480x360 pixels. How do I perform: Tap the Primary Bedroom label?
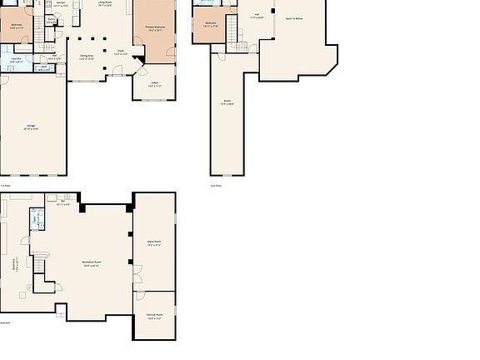[156, 27]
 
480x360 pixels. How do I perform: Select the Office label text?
[154, 84]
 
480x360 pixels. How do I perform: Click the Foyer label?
[120, 52]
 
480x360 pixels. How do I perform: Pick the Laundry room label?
[17, 58]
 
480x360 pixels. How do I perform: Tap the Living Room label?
[104, 3]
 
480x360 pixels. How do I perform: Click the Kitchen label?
[60, 3]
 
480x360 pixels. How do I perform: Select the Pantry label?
[53, 57]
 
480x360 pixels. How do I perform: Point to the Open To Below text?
[294, 17]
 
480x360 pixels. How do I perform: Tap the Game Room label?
[154, 243]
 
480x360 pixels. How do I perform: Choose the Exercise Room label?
[154, 316]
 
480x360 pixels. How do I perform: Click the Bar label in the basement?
[63, 202]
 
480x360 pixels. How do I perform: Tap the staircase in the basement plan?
[37, 264]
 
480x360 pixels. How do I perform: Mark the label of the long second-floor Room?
[227, 103]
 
